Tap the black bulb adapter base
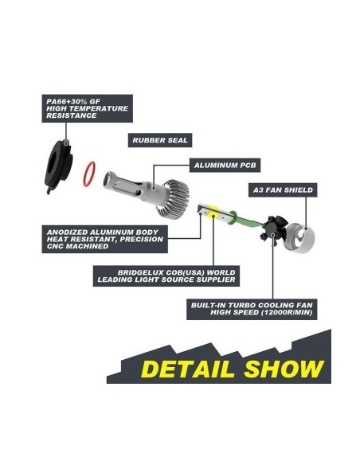coord(58,166)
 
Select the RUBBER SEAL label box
coord(160,140)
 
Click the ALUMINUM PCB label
coord(225,165)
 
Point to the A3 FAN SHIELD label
coord(283,190)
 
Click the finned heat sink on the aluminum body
coord(176,199)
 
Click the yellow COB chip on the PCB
coord(213,211)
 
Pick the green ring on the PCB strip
coord(233,218)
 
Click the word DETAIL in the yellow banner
coord(188,369)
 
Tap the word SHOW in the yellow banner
coord(284,369)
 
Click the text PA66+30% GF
coord(73,101)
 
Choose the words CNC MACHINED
coord(77,247)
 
